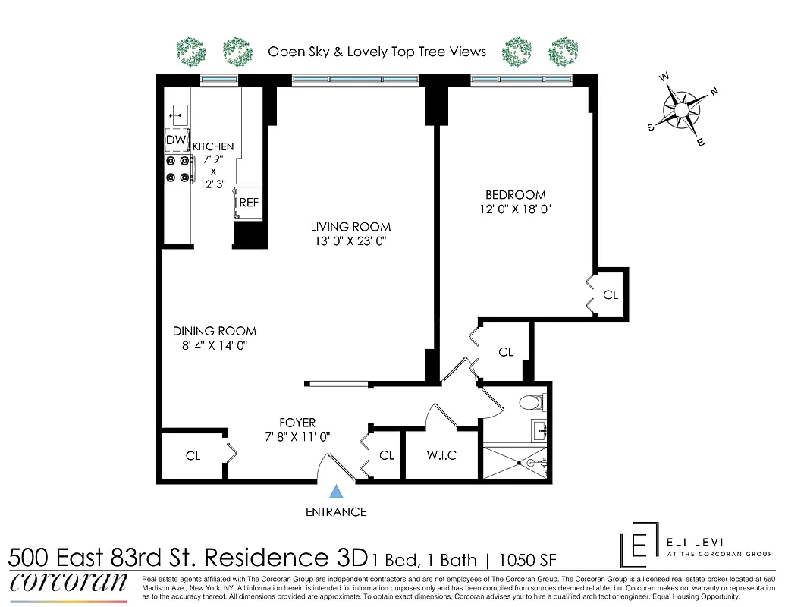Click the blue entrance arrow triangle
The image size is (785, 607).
click(336, 492)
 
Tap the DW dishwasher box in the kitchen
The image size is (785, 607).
click(177, 140)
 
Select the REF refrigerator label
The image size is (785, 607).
click(249, 203)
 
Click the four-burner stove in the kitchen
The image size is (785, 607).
click(177, 168)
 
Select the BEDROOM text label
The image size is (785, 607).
click(516, 195)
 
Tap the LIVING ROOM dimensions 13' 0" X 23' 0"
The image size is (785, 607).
click(350, 241)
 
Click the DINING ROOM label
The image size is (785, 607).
click(215, 331)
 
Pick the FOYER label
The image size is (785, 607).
click(297, 423)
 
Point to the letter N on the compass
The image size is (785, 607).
click(714, 91)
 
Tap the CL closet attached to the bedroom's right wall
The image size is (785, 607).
click(611, 294)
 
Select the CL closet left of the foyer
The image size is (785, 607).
click(193, 455)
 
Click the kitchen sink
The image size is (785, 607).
click(178, 115)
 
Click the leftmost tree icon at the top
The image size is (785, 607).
click(191, 52)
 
